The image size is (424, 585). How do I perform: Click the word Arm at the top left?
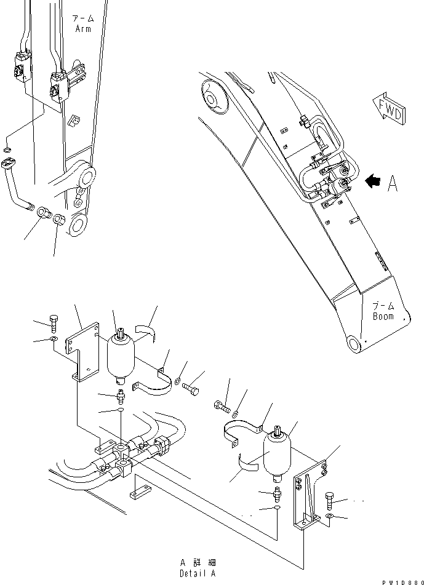point(83,28)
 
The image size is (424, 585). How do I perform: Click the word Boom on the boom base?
point(383,316)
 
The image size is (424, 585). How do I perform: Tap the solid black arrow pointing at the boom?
point(374,181)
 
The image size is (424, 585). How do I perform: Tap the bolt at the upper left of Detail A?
point(54,323)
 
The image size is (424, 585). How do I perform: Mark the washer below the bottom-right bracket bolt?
point(331,515)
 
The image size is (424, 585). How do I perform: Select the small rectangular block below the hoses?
point(139,494)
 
